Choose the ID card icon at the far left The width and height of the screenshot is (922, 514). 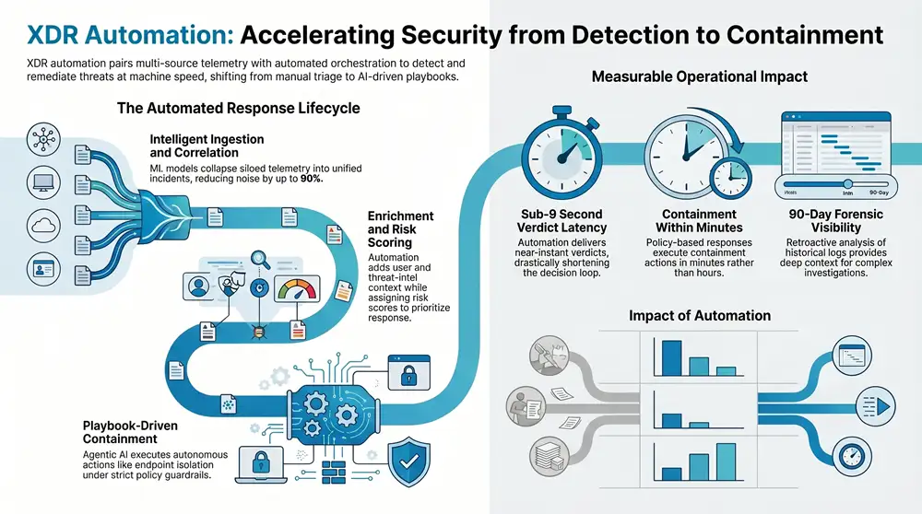[44, 270]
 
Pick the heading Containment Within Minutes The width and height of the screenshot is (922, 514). [700, 221]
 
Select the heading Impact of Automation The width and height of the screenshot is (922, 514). [699, 316]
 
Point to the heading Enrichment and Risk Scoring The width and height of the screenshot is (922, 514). [400, 228]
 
